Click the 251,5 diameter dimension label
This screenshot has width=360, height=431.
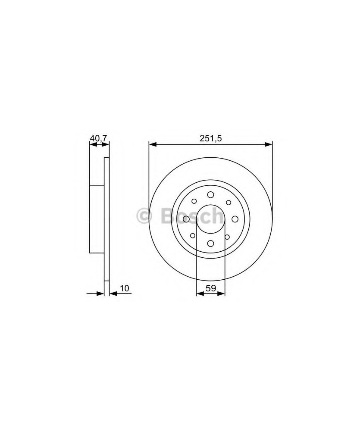pyautogui.click(x=210, y=138)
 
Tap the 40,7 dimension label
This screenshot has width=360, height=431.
pyautogui.click(x=99, y=138)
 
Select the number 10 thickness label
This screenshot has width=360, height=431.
pyautogui.click(x=124, y=288)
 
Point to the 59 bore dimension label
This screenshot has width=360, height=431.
pyautogui.click(x=211, y=288)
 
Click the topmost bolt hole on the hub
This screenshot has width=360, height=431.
pyautogui.click(x=211, y=195)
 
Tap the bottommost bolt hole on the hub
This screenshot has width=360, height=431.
pyautogui.click(x=211, y=243)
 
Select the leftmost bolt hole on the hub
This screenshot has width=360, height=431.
pyautogui.click(x=186, y=219)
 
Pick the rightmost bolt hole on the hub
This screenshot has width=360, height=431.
pyautogui.click(x=235, y=219)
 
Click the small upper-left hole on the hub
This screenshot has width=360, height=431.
pyautogui.click(x=194, y=201)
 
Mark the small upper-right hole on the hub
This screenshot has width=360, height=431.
pyautogui.click(x=228, y=203)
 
